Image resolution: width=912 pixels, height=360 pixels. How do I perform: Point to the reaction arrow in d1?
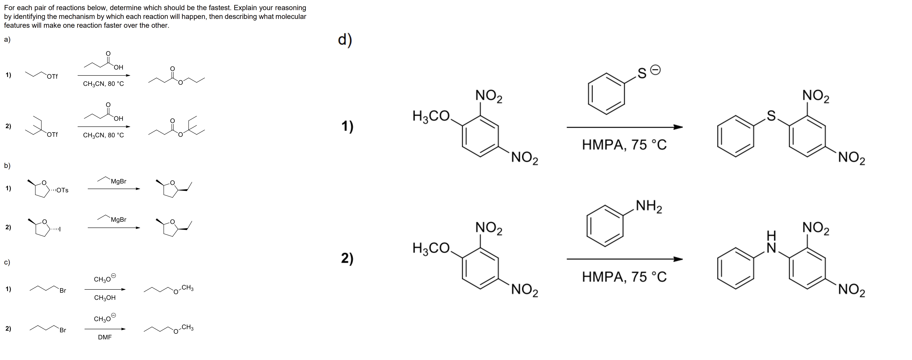[625, 127]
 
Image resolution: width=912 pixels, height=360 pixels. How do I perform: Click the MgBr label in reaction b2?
[119, 220]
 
